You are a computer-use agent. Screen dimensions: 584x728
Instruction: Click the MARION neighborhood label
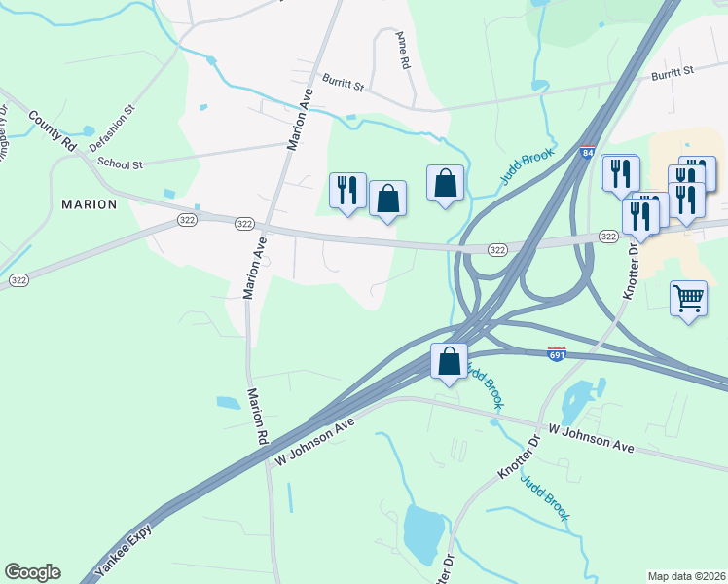[x=89, y=204]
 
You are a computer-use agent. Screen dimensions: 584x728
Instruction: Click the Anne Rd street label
[x=402, y=50]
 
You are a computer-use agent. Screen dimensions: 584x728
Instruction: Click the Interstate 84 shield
[x=586, y=153]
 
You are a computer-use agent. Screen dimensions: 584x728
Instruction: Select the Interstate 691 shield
[x=557, y=354]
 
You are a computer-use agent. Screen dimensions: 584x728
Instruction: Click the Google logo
[x=32, y=572]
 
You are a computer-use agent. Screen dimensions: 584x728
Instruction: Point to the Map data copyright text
[x=686, y=575]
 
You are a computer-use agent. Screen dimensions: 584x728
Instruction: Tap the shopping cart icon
[x=688, y=297]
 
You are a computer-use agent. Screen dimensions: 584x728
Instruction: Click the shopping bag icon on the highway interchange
[x=449, y=361]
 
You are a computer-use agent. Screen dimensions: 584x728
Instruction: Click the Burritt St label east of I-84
[x=673, y=73]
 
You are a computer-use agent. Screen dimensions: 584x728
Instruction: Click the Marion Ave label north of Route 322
[x=299, y=119]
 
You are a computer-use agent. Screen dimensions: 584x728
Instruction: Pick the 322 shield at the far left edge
[x=18, y=280]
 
